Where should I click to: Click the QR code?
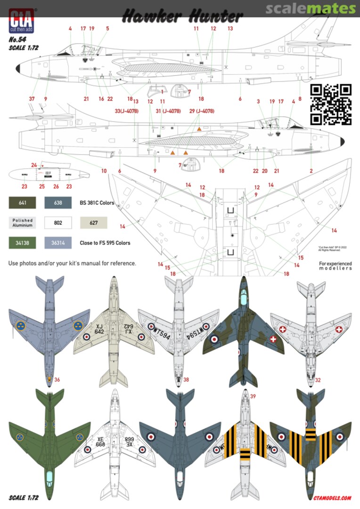(331, 104)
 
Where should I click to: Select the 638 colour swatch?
(58, 203)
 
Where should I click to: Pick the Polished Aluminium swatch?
(23, 223)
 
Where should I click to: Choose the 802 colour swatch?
(58, 223)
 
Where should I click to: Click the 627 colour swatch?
(93, 223)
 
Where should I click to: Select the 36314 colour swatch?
(58, 243)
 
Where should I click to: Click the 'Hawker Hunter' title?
(182, 17)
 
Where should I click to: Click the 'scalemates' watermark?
(310, 8)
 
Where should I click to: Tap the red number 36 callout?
(57, 379)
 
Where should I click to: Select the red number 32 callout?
(318, 379)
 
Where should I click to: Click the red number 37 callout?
(32, 99)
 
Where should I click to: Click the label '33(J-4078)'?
(126, 111)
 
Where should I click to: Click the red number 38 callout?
(186, 379)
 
